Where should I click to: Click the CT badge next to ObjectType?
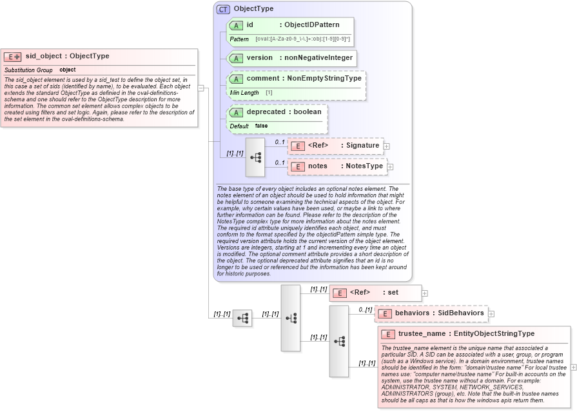[223, 9]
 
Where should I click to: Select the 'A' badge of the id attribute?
[236, 25]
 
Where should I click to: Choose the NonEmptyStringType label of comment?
[325, 79]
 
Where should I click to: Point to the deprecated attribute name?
[266, 112]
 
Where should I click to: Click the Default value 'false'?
[261, 126]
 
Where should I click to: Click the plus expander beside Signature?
[386, 146]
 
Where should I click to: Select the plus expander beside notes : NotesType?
[390, 166]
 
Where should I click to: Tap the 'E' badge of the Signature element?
[297, 146]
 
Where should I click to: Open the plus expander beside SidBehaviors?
[491, 313]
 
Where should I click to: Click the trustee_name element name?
[422, 334]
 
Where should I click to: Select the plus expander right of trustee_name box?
[574, 367]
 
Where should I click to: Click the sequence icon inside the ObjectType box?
[255, 157]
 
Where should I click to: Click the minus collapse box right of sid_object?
[201, 88]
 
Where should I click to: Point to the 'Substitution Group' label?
[28, 70]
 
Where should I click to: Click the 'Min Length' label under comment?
[244, 93]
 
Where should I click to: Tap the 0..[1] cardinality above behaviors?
[366, 309]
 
